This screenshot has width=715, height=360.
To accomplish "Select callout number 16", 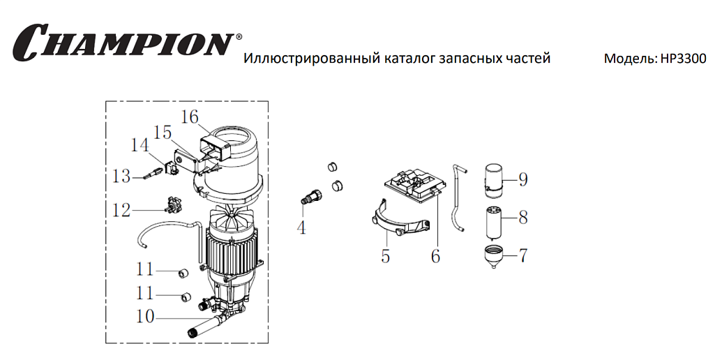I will click(x=190, y=117).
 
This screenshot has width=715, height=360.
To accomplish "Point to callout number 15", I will click(x=163, y=132).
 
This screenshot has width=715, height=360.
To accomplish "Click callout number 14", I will click(x=140, y=145).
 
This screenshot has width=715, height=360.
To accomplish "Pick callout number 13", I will click(x=121, y=177).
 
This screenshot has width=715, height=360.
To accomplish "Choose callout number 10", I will click(x=144, y=317).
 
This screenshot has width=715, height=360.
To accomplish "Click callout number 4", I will click(x=301, y=227).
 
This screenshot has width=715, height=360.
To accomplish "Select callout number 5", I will click(x=385, y=256).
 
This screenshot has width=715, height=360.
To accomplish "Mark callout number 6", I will click(x=435, y=256).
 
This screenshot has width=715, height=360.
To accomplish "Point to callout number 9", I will click(x=522, y=179).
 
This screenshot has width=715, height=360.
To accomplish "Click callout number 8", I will click(x=522, y=217).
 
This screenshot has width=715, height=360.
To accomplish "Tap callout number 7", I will click(x=522, y=255).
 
